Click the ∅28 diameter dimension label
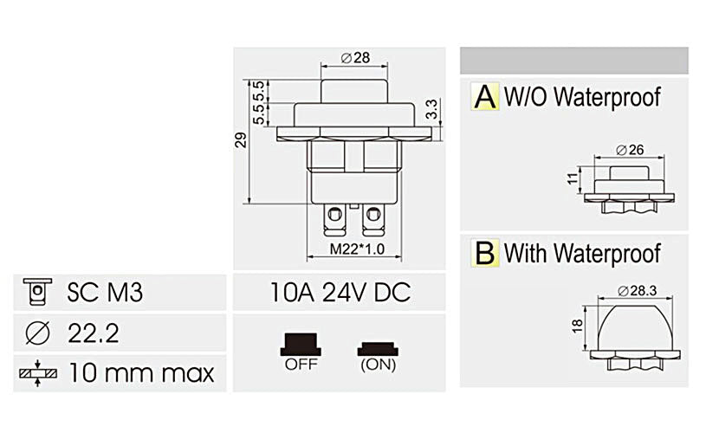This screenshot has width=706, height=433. (x=355, y=57)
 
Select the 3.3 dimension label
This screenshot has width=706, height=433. (x=432, y=110)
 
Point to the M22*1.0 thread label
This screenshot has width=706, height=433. (x=355, y=251)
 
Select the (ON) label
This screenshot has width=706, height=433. (x=377, y=365)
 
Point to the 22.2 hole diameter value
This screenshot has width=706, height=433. (x=93, y=333)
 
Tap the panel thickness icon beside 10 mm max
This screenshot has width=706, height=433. (x=36, y=373)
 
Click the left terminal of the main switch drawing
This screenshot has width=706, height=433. (x=331, y=216)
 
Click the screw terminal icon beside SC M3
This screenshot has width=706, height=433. (x=36, y=292)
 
